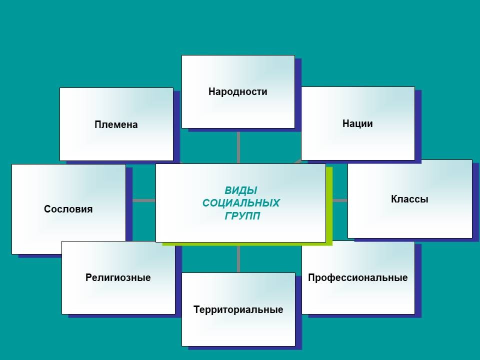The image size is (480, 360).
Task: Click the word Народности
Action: coord(238,91)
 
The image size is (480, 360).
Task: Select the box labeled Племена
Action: coord(116,124)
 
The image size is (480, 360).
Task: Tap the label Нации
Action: coord(357,123)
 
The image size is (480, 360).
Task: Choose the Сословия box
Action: coord(68,209)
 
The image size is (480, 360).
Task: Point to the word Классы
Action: coord(409,199)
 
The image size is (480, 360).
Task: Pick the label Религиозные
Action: coord(118,277)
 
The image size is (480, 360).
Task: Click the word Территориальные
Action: coord(238,309)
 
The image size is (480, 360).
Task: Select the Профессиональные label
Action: coord(358,277)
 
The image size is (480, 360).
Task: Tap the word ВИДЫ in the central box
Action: coord(241,190)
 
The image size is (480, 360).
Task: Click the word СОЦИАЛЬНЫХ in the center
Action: coord(241,203)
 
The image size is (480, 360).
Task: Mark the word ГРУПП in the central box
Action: coord(242,216)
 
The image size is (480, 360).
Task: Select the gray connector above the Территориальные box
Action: coord(238,259)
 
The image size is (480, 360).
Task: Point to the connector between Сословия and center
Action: coord(144,200)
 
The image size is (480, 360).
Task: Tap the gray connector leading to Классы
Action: coord(340,200)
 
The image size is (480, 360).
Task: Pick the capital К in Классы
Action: coord(394,199)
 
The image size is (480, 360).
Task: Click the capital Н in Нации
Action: coord(345,123)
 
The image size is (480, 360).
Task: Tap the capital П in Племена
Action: coord(98,124)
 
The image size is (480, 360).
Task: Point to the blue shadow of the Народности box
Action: coord(298,95)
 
